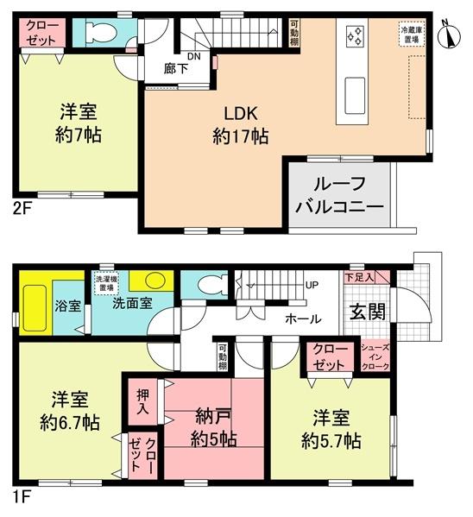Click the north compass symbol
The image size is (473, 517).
pos(449,35)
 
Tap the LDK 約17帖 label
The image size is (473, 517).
pos(239,125)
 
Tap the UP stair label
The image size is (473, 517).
pos(309,284)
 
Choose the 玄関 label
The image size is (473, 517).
pos(367,312)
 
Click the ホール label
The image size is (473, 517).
pos(303,318)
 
